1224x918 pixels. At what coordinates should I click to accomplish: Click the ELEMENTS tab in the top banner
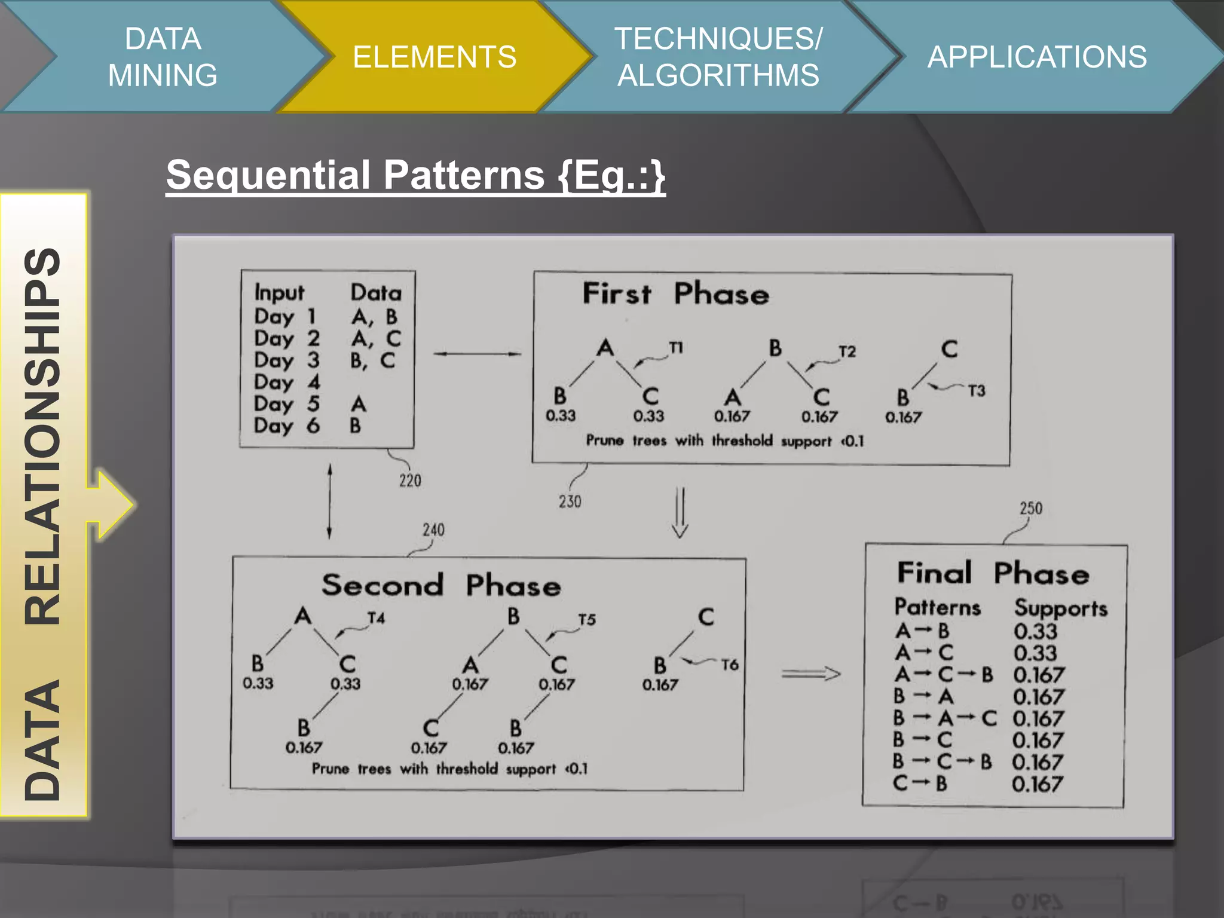[434, 57]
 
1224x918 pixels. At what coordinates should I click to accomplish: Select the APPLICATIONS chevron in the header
[1037, 57]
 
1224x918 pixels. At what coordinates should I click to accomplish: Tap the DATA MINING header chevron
[163, 57]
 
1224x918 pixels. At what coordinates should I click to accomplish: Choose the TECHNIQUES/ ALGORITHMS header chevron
[718, 57]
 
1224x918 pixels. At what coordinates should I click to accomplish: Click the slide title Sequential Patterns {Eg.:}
[415, 175]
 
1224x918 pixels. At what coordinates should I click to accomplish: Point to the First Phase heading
[676, 294]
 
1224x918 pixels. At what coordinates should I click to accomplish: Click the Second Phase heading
[441, 585]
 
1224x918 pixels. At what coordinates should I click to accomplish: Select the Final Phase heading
[993, 573]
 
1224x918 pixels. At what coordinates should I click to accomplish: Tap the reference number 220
[410, 481]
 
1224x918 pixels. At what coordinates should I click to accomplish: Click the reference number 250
[1031, 509]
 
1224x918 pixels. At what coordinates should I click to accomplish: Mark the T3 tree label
[977, 391]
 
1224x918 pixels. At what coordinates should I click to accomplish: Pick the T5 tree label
[587, 620]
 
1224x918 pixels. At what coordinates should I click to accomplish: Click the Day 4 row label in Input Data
[287, 382]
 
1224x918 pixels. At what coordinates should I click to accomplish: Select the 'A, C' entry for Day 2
[376, 339]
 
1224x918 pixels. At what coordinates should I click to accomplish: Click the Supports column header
[1061, 608]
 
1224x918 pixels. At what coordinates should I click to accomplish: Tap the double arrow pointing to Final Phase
[811, 674]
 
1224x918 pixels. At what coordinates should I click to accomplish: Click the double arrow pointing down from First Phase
[680, 513]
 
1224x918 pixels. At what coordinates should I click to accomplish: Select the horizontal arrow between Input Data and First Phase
[476, 354]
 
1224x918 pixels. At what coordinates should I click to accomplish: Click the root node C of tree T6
[706, 617]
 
